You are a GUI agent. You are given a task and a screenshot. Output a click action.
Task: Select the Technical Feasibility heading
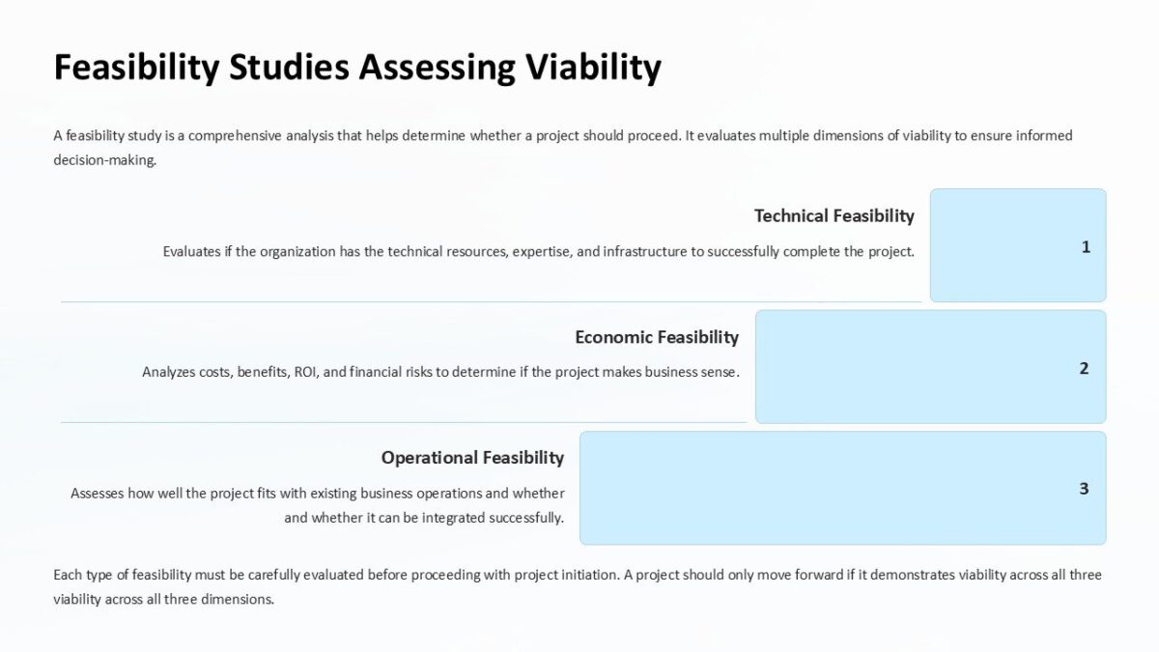pos(834,215)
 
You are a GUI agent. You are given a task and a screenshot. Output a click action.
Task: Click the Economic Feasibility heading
pos(656,337)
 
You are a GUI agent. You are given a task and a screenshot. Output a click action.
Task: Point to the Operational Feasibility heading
pos(472,457)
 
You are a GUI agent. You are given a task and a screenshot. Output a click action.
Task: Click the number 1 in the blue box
pos(1086,247)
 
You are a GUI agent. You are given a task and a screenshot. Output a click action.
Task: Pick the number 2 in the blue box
pos(1084,368)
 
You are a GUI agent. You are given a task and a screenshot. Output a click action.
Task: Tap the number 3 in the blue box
pos(1084,489)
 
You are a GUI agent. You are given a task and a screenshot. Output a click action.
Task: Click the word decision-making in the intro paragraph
pos(104,161)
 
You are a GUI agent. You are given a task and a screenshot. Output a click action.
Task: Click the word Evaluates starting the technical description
pos(195,252)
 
